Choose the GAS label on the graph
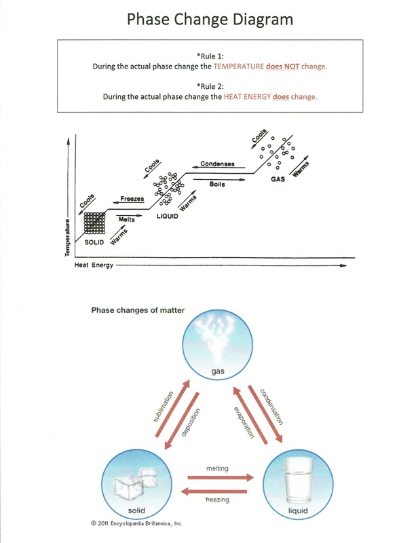click(x=278, y=179)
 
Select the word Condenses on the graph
click(x=217, y=164)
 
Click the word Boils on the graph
click(x=217, y=183)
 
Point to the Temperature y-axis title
click(x=68, y=238)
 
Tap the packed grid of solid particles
click(x=94, y=223)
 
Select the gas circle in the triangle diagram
click(x=208, y=347)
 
